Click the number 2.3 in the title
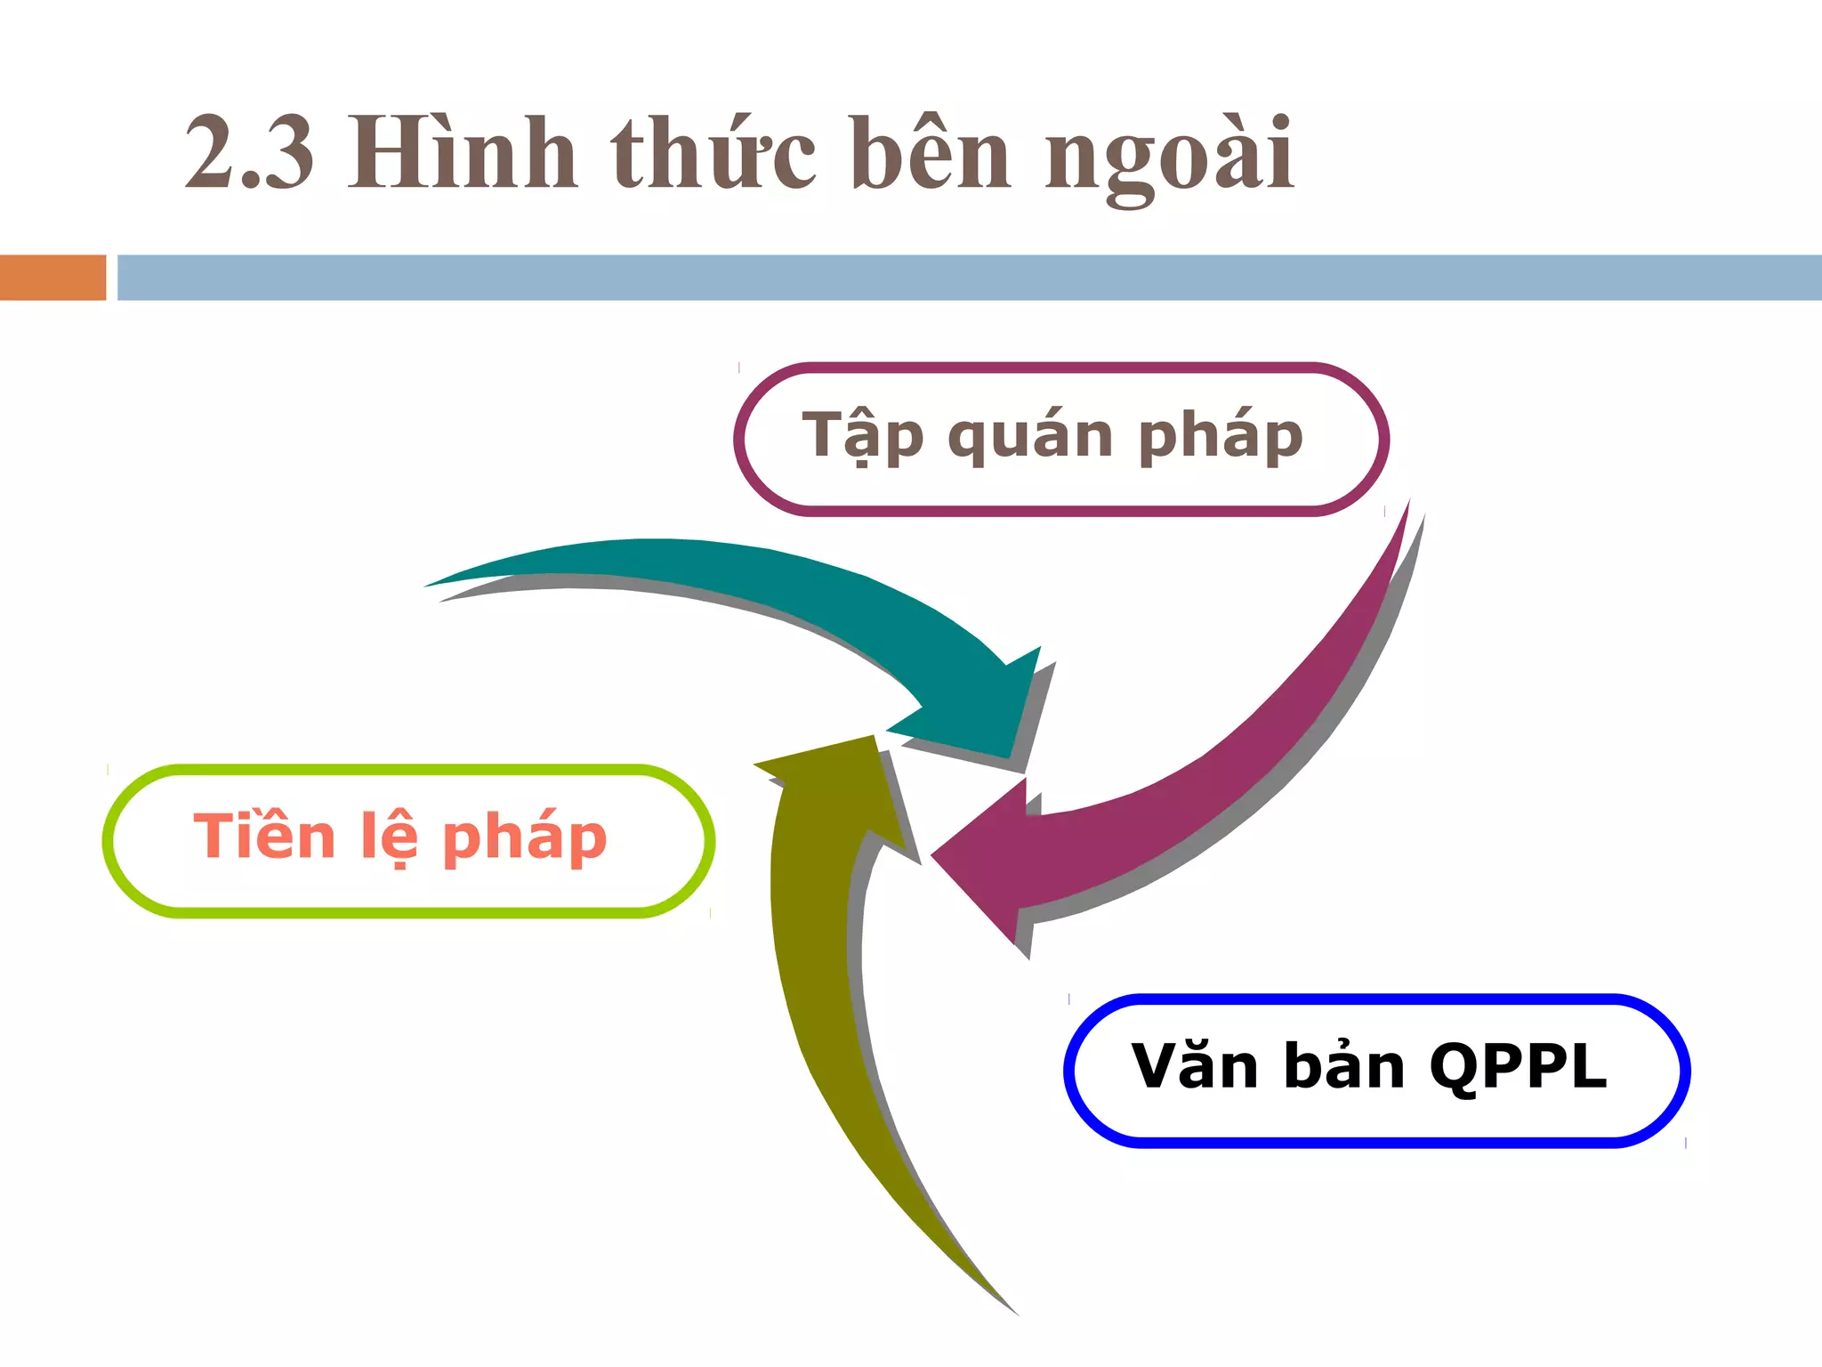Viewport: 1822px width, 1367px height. [249, 153]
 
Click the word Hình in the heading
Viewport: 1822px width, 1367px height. [463, 153]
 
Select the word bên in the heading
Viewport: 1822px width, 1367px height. [931, 153]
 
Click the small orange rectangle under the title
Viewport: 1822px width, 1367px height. [52, 278]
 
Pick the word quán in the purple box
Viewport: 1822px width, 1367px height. [1030, 436]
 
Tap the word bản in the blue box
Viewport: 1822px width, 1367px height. [1344, 1066]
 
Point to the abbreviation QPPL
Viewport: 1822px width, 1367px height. [1518, 1066]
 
